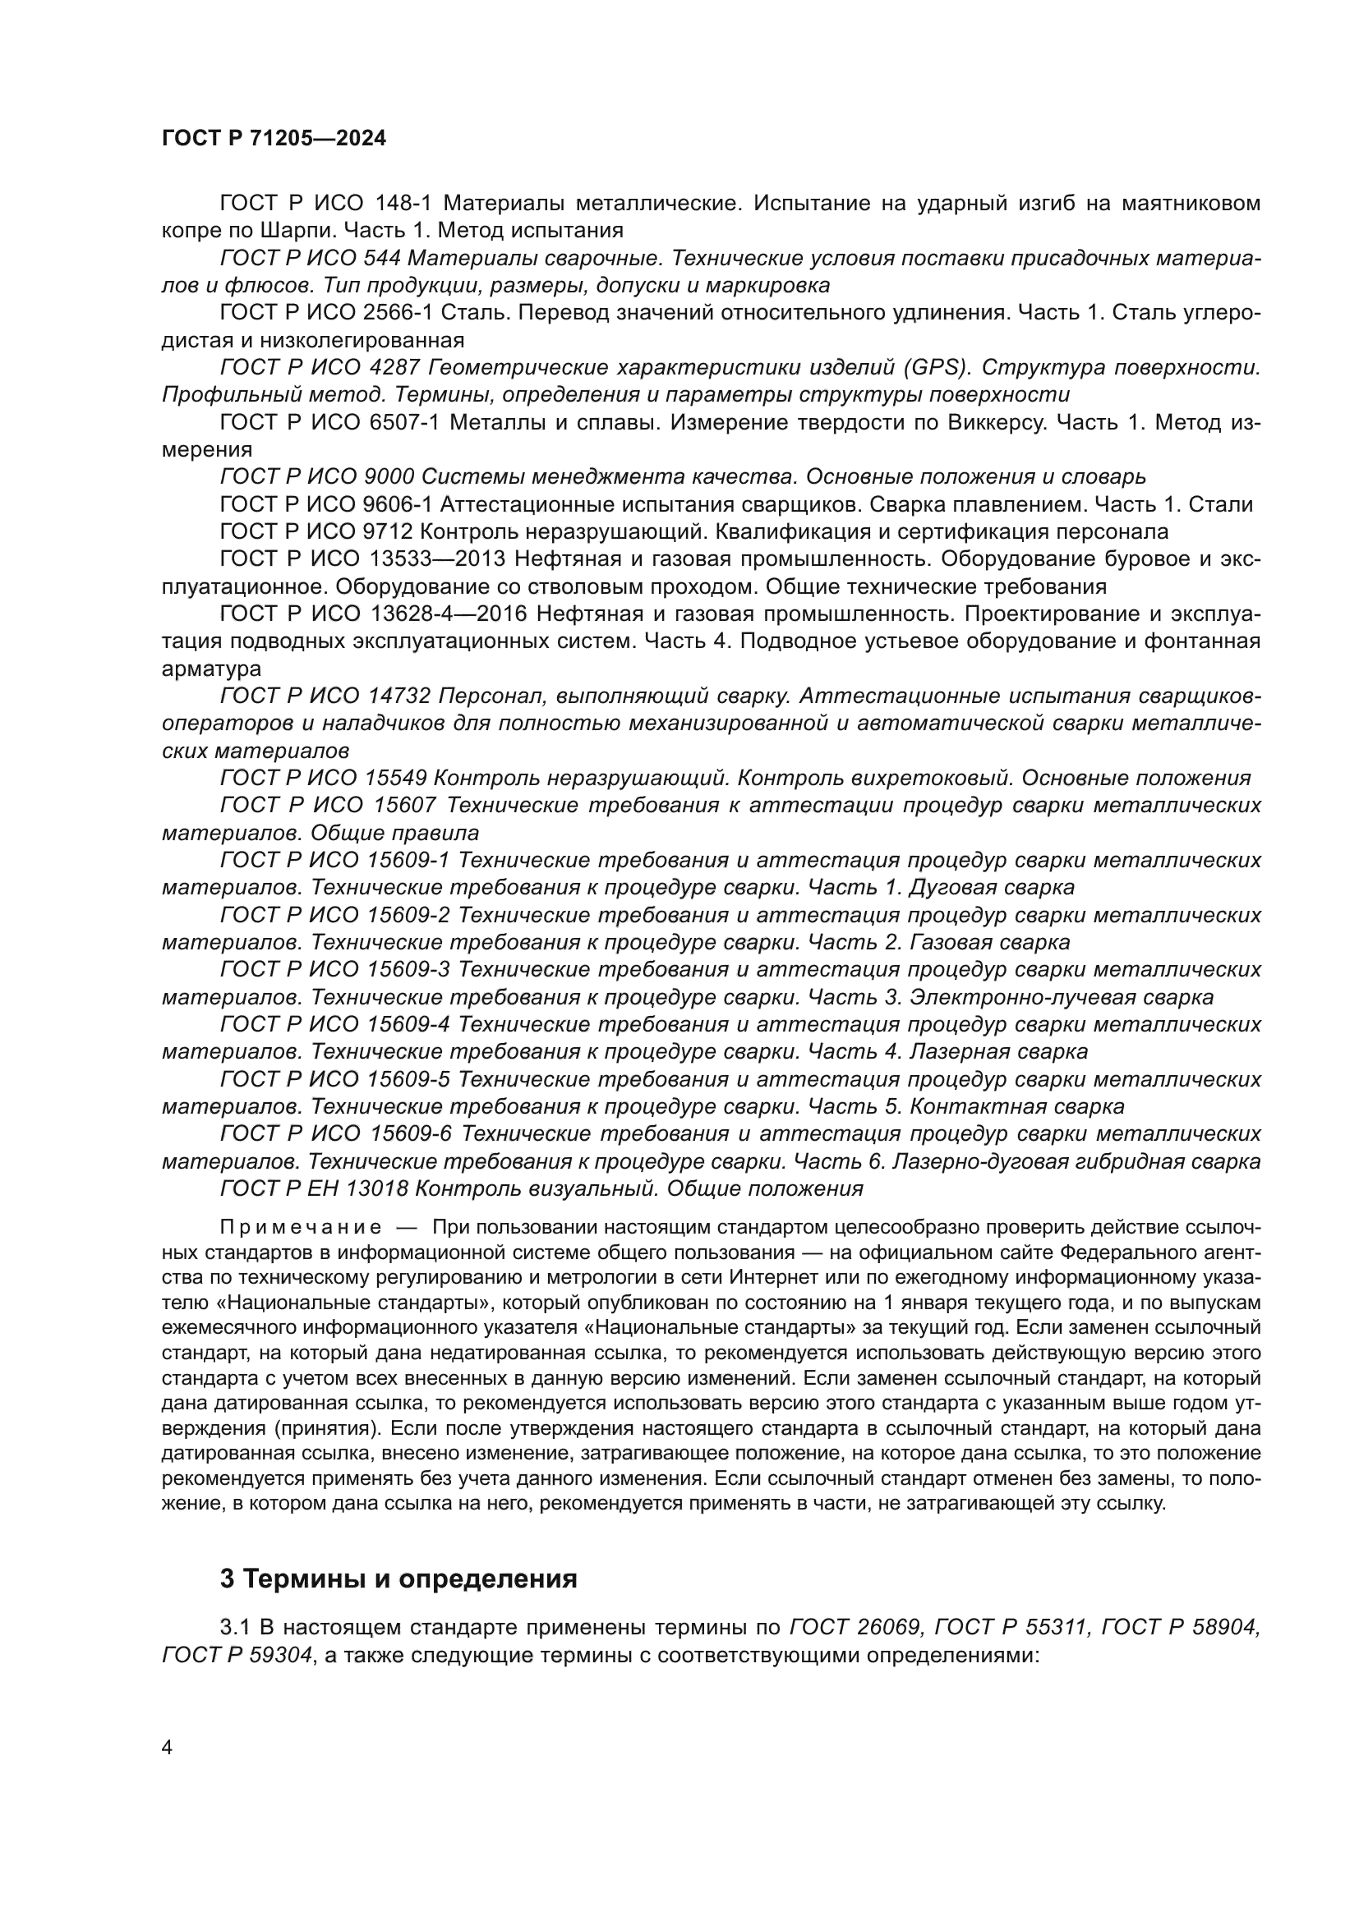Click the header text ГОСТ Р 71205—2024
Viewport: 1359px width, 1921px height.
(x=274, y=139)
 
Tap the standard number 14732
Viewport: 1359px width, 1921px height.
(x=398, y=696)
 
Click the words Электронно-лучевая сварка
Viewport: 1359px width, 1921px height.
(x=1061, y=997)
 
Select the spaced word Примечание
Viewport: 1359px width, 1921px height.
(x=301, y=1227)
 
